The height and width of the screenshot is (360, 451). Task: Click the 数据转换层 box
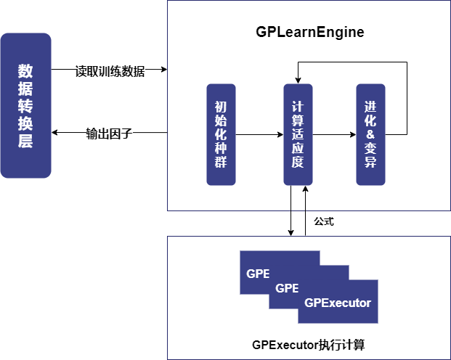click(25, 105)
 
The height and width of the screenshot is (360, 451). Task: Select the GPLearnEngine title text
click(309, 33)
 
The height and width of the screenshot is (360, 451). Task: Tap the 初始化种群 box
click(221, 134)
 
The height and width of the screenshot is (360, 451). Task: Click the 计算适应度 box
click(297, 134)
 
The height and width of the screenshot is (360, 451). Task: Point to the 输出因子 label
click(109, 134)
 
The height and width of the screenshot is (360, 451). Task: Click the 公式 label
click(324, 221)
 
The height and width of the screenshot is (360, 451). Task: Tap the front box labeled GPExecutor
click(338, 303)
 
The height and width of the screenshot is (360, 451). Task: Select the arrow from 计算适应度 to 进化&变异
click(333, 134)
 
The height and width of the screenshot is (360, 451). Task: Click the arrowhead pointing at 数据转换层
click(55, 134)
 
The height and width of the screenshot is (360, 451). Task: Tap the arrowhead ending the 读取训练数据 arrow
click(163, 70)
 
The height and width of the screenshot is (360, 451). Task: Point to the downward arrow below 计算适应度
click(290, 210)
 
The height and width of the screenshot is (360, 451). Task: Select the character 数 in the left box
click(25, 71)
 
